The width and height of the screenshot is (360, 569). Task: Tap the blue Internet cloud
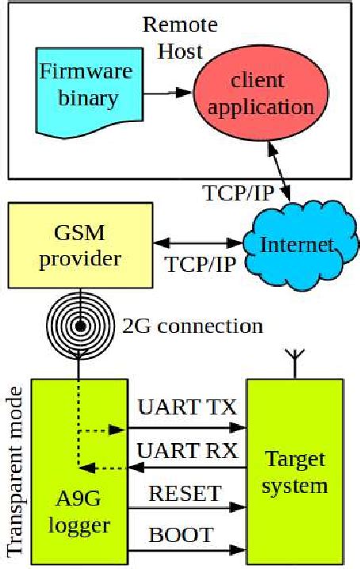pyautogui.click(x=294, y=244)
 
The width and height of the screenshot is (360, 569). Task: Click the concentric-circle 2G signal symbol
pyautogui.click(x=80, y=326)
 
